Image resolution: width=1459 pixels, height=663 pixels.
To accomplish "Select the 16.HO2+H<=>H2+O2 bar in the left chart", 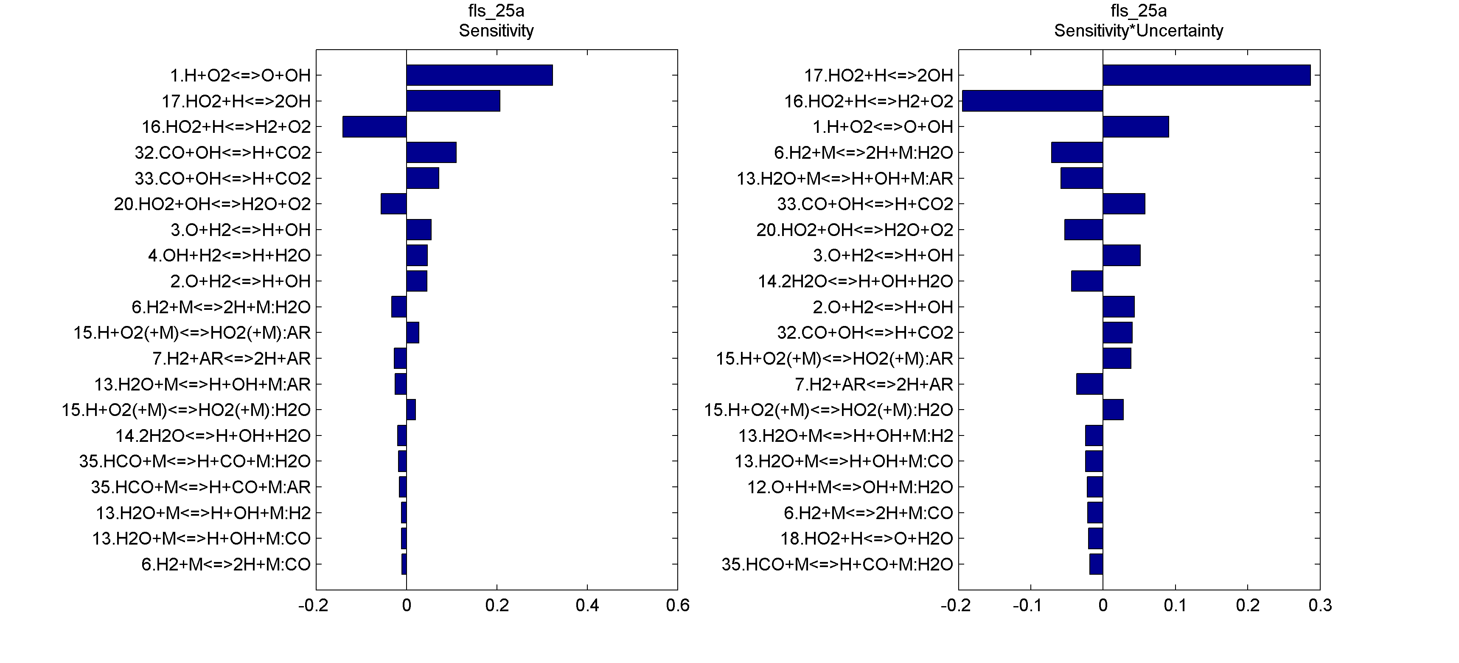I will click(x=374, y=127).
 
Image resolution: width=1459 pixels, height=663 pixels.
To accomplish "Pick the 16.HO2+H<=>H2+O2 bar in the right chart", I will click(x=1033, y=101).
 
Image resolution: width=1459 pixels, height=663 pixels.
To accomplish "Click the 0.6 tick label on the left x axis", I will click(x=677, y=606).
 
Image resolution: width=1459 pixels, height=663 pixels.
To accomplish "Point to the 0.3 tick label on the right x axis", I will click(x=1320, y=606).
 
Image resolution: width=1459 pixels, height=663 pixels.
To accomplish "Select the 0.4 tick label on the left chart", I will click(x=587, y=606).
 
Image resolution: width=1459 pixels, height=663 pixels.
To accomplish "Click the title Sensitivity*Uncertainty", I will click(x=1139, y=31).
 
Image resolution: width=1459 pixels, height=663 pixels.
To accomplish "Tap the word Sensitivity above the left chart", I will click(x=496, y=31).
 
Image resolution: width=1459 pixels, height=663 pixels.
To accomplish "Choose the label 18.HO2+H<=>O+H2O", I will click(x=867, y=538).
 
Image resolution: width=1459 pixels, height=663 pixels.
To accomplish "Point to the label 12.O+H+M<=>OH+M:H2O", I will click(x=850, y=487).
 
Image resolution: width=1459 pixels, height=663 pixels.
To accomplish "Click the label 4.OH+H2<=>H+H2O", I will click(x=230, y=256).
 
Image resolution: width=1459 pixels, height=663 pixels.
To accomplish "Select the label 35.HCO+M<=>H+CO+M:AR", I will click(x=201, y=487).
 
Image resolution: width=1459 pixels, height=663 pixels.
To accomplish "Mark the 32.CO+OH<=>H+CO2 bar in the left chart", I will click(x=431, y=152).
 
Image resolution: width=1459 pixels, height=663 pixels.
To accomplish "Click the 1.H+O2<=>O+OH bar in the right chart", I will click(x=1136, y=127).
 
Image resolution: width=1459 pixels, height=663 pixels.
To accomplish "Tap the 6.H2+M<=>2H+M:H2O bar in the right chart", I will click(x=1077, y=152).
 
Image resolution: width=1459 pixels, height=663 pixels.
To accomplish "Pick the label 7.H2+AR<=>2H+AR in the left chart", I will click(x=232, y=359).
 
